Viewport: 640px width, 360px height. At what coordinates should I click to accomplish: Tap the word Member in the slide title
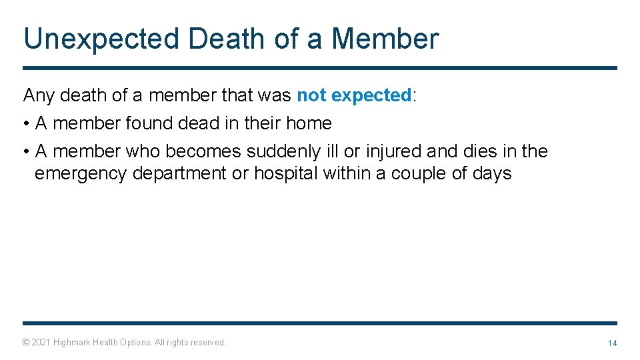coord(385,39)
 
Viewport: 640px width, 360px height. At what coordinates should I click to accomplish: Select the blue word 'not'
coord(311,95)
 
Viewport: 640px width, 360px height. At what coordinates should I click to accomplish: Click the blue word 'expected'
coord(371,95)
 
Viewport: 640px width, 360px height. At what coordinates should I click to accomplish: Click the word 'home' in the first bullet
coord(309,123)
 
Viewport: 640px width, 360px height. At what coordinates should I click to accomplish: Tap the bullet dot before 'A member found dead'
coord(26,124)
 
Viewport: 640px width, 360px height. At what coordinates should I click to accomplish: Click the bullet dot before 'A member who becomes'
coord(26,152)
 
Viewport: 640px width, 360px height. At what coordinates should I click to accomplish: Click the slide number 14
coord(611,343)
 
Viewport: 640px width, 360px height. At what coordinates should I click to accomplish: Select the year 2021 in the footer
coord(41,343)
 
